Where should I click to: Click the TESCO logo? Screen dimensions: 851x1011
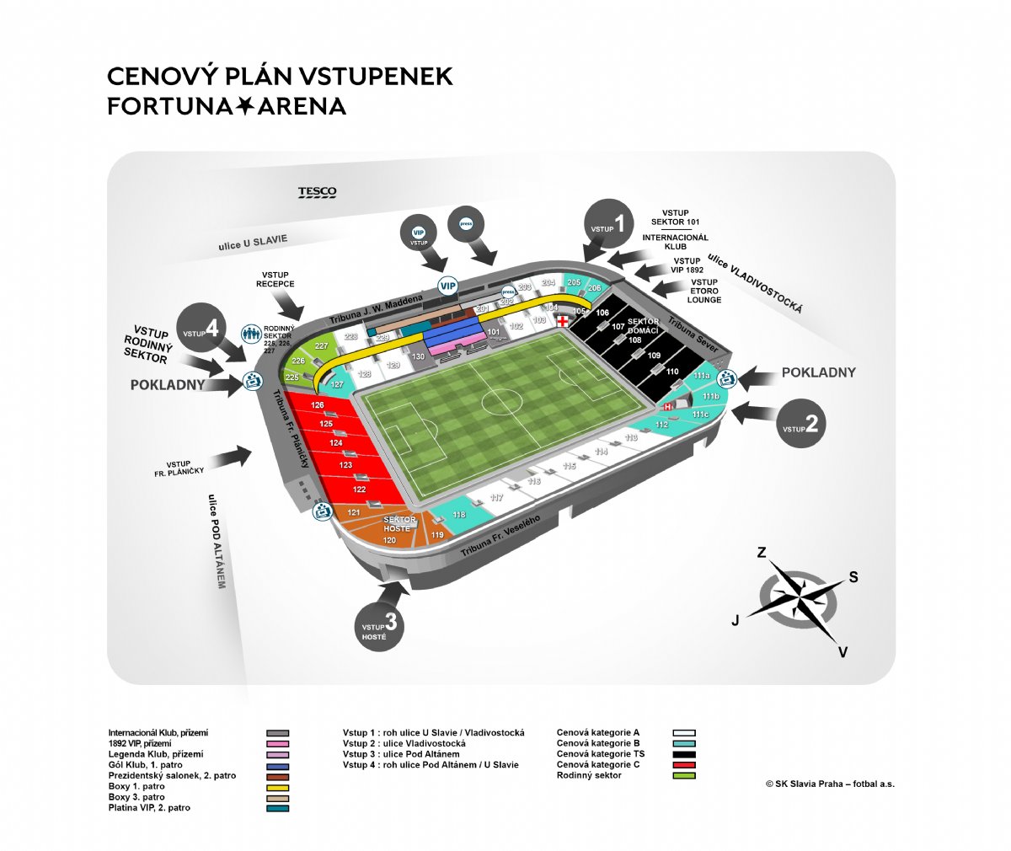pyautogui.click(x=317, y=192)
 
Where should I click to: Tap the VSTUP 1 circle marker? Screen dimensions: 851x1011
pyautogui.click(x=608, y=223)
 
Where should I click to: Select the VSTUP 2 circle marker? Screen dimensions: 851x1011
pyautogui.click(x=801, y=424)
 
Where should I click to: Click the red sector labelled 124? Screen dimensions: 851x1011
pyautogui.click(x=336, y=443)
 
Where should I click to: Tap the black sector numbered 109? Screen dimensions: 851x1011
pyautogui.click(x=655, y=356)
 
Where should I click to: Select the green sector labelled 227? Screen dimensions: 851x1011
pyautogui.click(x=321, y=346)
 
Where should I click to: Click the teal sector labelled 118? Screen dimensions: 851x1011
pyautogui.click(x=458, y=515)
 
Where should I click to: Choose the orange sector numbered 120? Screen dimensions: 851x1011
pyautogui.click(x=389, y=540)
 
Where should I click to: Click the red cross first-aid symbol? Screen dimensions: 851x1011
pyautogui.click(x=562, y=320)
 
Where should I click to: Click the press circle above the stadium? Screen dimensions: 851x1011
pyautogui.click(x=465, y=224)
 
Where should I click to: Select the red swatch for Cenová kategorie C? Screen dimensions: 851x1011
pyautogui.click(x=684, y=765)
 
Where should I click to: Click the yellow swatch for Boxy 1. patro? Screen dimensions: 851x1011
pyautogui.click(x=277, y=787)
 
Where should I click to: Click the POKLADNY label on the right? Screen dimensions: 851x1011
pyautogui.click(x=818, y=372)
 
